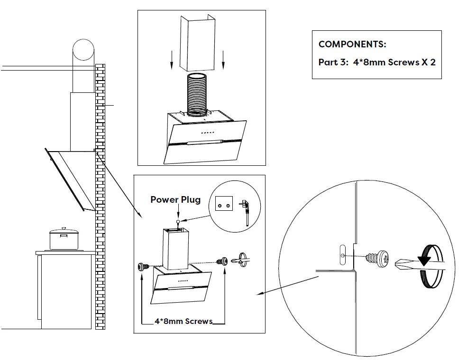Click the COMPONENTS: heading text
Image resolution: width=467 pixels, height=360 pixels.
click(x=352, y=45)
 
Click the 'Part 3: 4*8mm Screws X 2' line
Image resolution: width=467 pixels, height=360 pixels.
click(x=376, y=63)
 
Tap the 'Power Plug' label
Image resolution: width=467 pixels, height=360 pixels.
click(x=175, y=199)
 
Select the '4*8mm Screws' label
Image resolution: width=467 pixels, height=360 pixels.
click(x=183, y=321)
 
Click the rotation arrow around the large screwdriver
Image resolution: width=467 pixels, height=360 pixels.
click(x=430, y=265)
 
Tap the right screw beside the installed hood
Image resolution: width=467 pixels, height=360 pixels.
click(x=221, y=261)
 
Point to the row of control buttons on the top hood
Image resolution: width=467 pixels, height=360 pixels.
click(x=208, y=132)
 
